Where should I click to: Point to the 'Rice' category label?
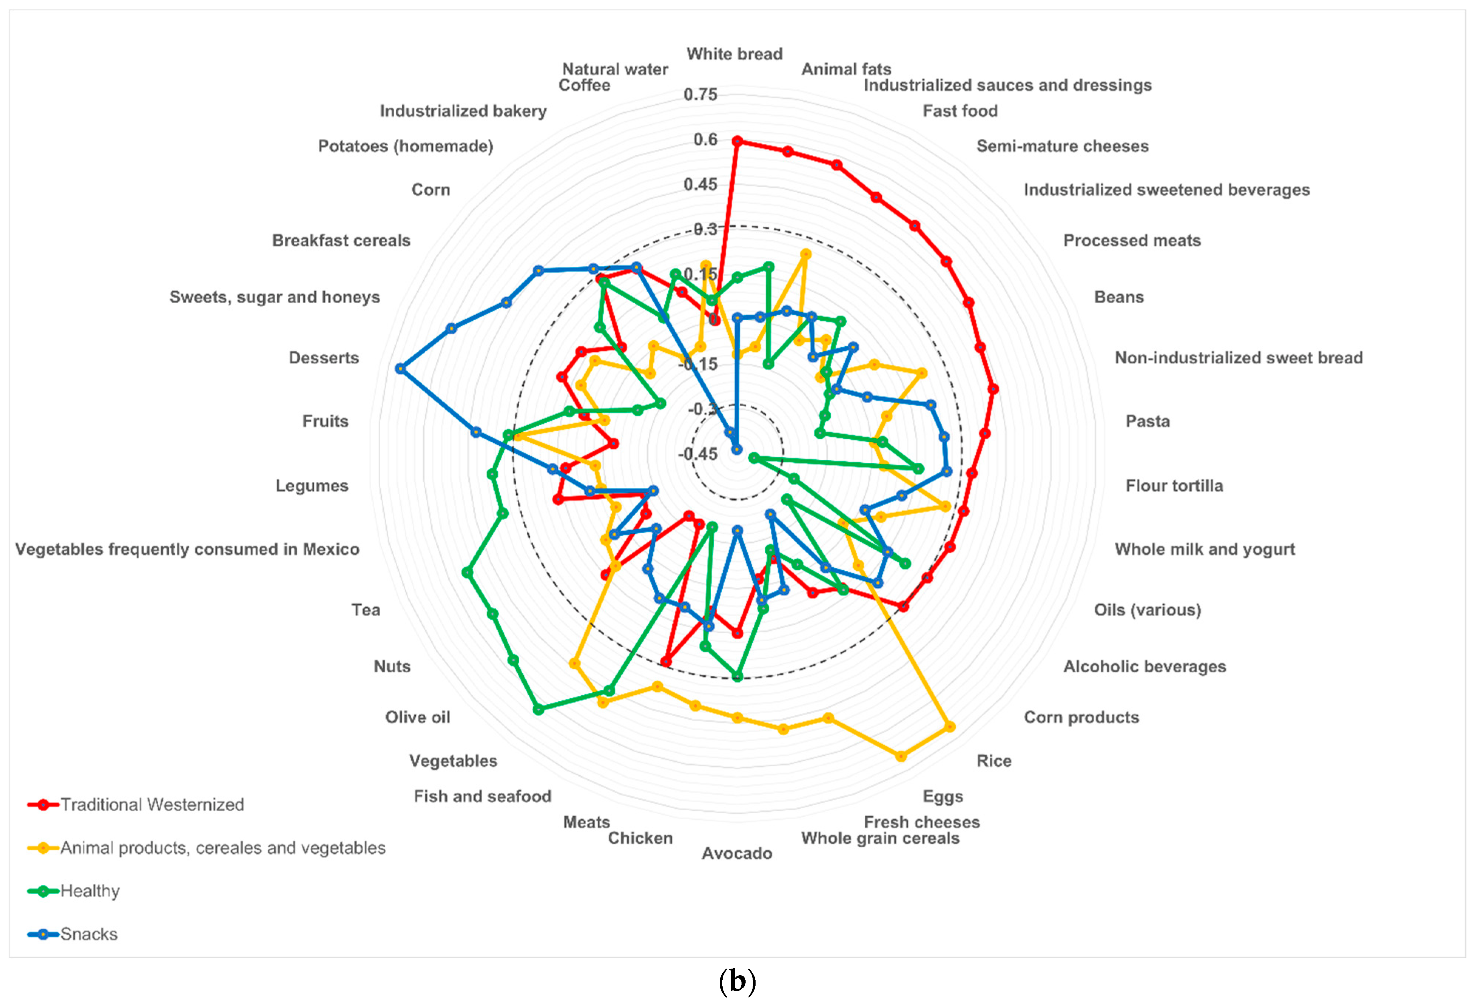point(993,761)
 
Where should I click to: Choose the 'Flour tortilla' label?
point(1174,486)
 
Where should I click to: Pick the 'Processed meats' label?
point(1131,240)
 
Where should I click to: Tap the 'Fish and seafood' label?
point(482,797)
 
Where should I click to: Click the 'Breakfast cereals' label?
point(341,240)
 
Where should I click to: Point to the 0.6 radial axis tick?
point(705,140)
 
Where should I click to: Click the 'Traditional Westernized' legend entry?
point(152,805)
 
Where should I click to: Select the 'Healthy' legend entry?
point(90,891)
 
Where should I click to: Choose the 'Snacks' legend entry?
point(89,934)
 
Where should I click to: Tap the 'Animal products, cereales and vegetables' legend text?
point(223,848)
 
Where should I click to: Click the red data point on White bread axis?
point(737,141)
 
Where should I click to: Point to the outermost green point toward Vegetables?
point(538,709)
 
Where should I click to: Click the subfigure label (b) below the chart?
point(737,982)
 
